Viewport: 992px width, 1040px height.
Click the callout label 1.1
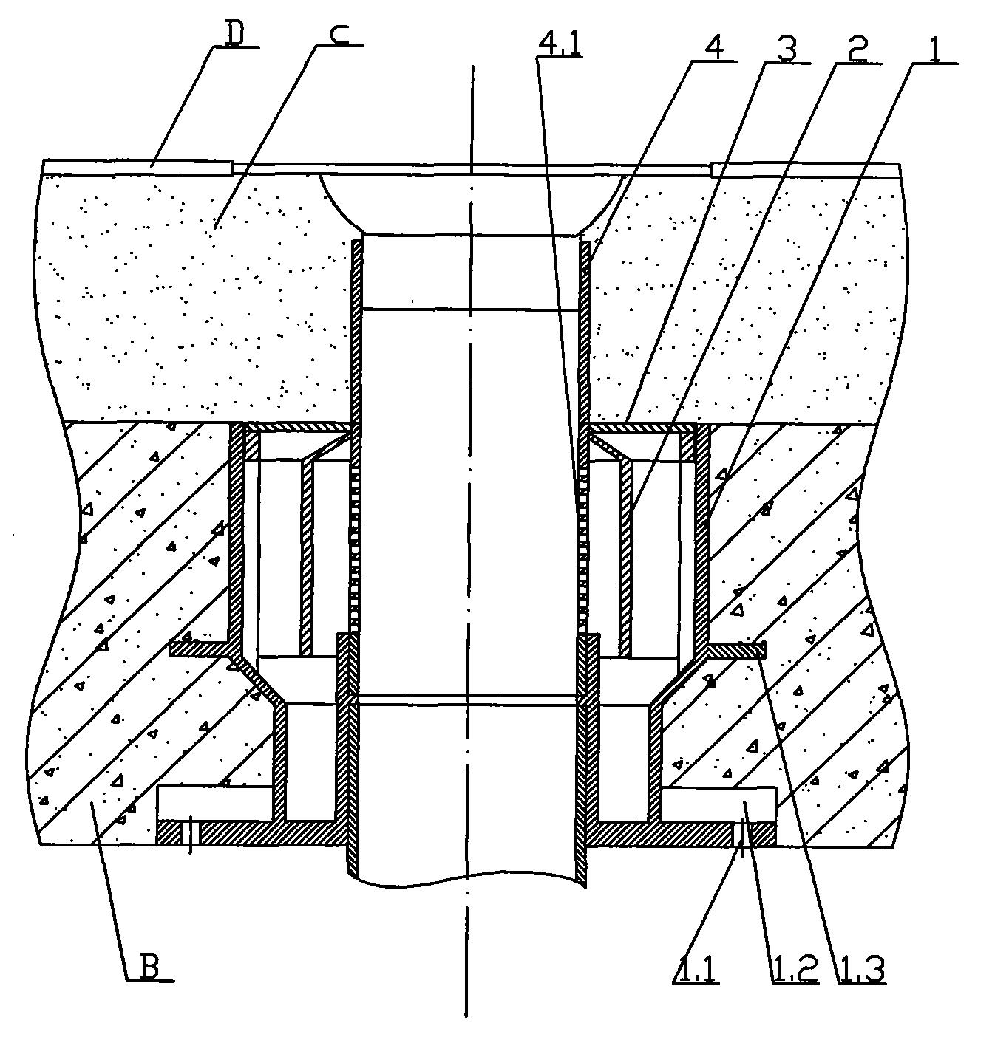(x=696, y=970)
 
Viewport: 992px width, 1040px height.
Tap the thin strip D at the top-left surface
(x=137, y=167)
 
